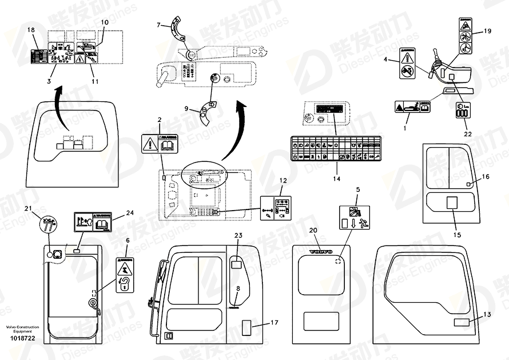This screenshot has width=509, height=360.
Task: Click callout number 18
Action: (31, 29)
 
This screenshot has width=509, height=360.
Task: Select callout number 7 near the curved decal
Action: (160, 25)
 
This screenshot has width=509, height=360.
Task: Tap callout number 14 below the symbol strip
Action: (336, 179)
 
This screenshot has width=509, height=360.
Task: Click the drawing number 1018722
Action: (22, 339)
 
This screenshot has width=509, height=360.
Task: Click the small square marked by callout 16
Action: (468, 184)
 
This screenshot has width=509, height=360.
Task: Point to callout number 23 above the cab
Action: (238, 235)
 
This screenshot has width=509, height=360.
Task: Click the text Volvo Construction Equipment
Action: (22, 329)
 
